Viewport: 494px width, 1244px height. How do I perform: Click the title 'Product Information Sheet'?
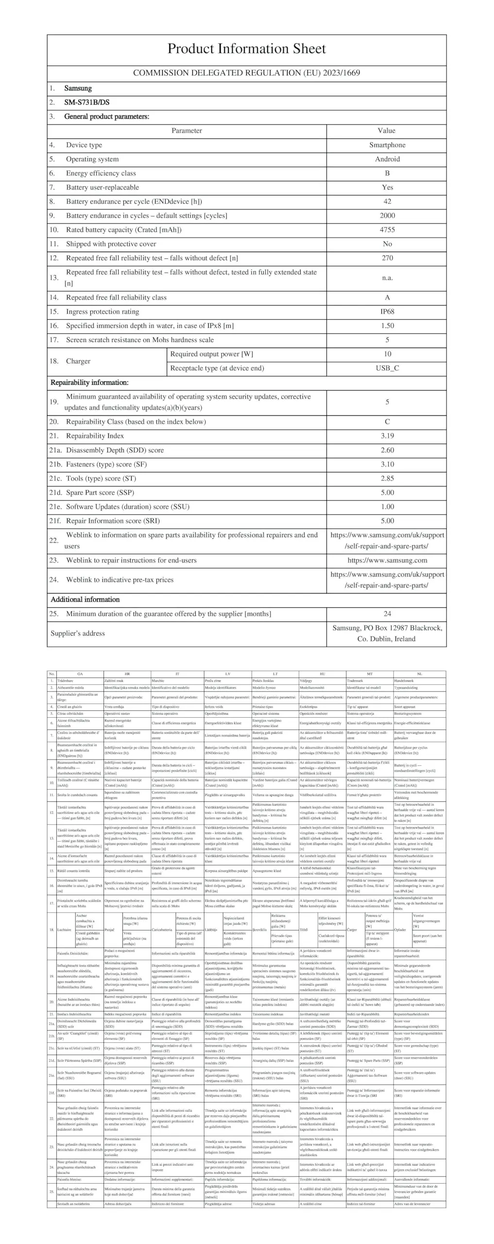point(246,49)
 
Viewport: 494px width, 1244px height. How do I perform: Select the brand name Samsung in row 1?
point(78,88)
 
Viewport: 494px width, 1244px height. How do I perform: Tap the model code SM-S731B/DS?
point(86,102)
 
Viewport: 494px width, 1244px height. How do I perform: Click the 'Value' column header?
point(386,130)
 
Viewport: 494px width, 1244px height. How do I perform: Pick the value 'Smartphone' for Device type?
point(387,145)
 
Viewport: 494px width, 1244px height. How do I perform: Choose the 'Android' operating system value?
point(387,159)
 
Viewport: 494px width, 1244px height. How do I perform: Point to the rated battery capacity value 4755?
point(387,229)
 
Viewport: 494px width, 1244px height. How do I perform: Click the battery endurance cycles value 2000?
point(387,215)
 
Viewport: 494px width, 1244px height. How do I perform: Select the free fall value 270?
point(387,258)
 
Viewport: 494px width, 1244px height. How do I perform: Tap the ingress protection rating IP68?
point(387,311)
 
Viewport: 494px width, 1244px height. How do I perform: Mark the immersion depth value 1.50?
point(387,326)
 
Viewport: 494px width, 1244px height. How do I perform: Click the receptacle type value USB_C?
point(387,368)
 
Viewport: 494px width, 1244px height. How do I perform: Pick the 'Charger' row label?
point(78,361)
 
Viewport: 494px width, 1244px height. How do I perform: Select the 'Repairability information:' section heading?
point(89,382)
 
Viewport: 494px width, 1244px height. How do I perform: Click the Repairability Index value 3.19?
point(387,436)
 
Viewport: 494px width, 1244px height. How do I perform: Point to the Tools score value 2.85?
point(387,478)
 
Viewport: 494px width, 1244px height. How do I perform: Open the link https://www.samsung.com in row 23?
point(387,560)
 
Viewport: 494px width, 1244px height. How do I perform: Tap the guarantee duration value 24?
point(387,614)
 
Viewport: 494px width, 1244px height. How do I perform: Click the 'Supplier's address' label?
point(78,633)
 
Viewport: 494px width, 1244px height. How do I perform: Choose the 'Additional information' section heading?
point(85,599)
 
